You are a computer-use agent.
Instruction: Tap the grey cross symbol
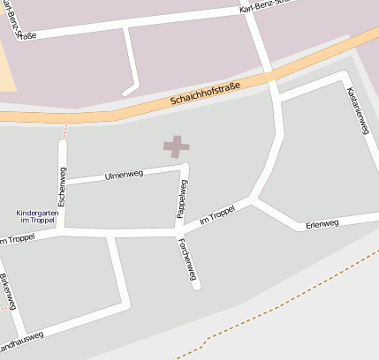(x=177, y=147)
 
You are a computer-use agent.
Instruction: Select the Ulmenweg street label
(x=123, y=175)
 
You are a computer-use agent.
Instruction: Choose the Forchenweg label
(x=186, y=259)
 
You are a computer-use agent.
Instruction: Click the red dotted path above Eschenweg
(x=64, y=131)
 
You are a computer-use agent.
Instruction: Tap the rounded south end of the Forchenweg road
(x=196, y=286)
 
